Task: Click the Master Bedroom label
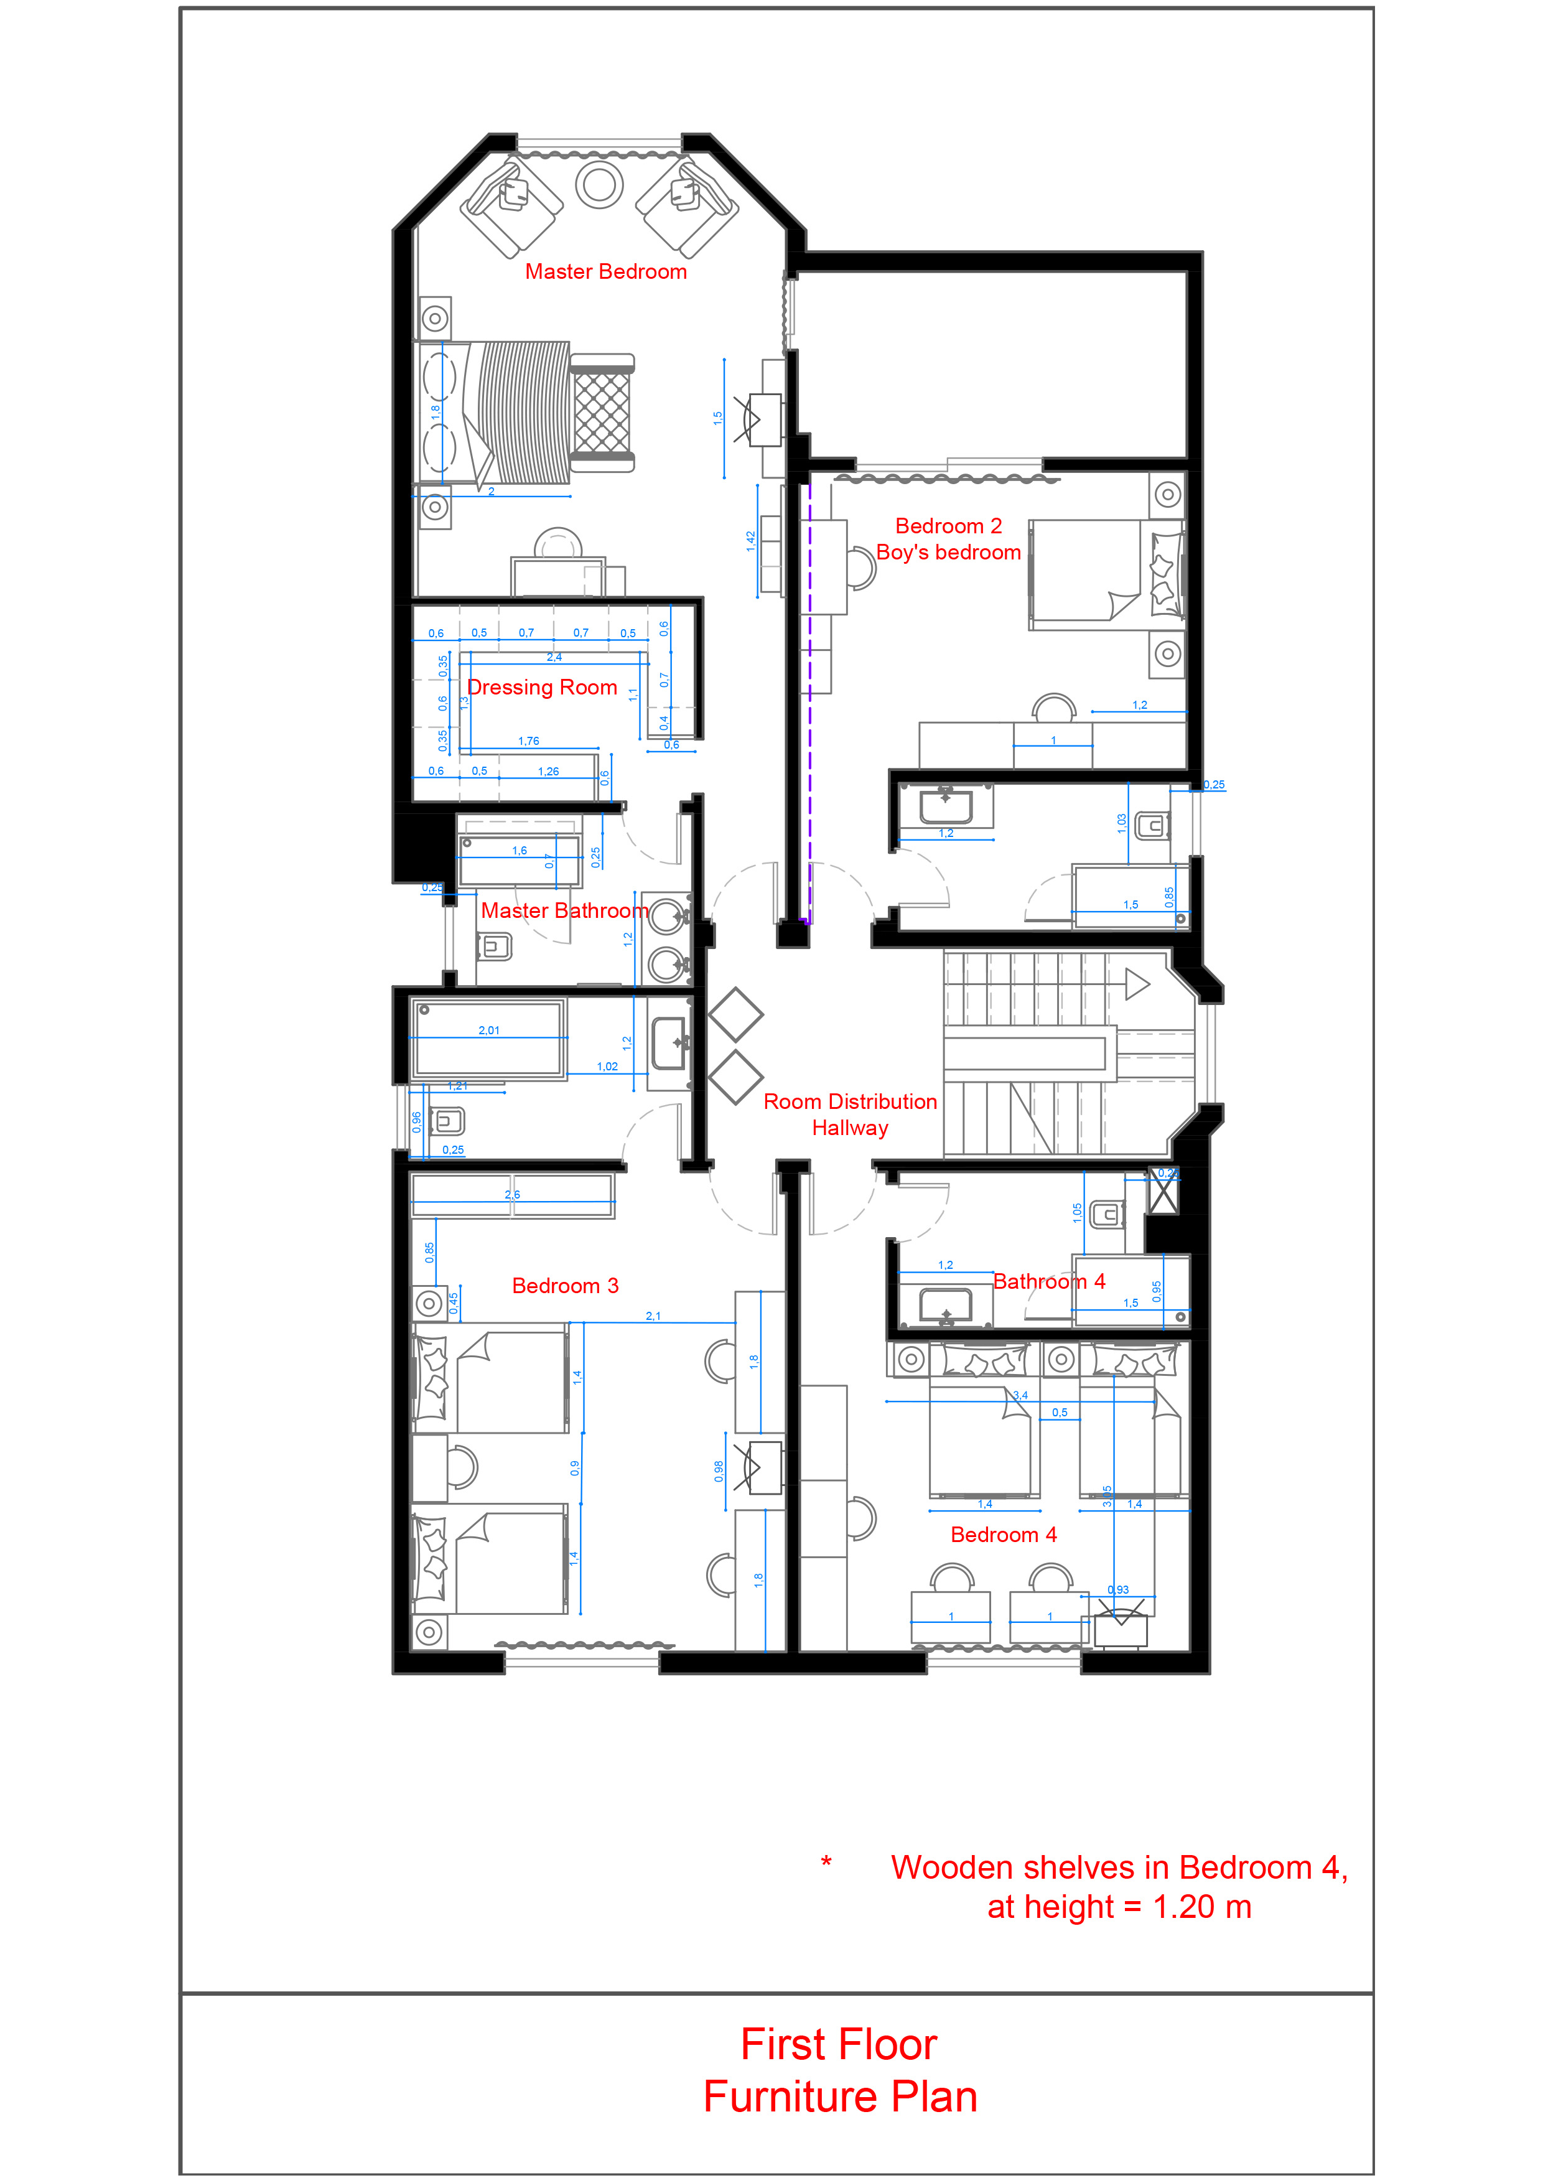[x=605, y=272]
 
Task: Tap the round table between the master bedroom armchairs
[x=599, y=184]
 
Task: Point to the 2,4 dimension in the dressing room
[x=554, y=657]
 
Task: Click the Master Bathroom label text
[x=565, y=911]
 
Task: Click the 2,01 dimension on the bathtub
[x=488, y=1031]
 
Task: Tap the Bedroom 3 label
[x=565, y=1286]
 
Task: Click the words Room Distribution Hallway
[x=850, y=1115]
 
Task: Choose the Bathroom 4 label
[x=1048, y=1282]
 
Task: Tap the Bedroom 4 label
[x=1003, y=1535]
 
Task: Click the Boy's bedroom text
[x=948, y=553]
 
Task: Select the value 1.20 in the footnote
[x=1183, y=1907]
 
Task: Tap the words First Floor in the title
[x=839, y=2044]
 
